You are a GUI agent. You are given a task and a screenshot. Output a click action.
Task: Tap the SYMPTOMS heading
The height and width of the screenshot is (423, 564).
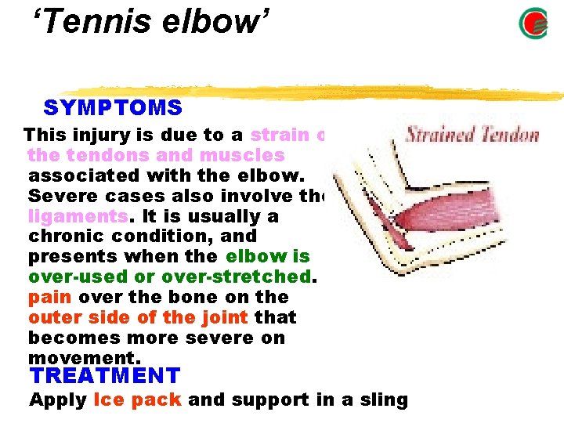tap(113, 108)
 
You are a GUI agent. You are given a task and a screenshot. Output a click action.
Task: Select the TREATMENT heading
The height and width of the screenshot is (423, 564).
tap(104, 376)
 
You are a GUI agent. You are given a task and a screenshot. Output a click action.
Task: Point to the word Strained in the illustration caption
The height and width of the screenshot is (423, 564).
tap(440, 134)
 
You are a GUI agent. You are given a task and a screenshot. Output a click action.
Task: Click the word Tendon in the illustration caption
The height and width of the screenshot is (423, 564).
tap(509, 134)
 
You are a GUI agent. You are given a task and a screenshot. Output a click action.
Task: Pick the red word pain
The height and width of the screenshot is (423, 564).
tap(49, 297)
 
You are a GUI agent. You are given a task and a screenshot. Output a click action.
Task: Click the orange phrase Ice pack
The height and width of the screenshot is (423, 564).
tap(137, 399)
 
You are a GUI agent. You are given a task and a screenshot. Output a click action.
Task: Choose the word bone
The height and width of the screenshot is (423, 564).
tap(179, 297)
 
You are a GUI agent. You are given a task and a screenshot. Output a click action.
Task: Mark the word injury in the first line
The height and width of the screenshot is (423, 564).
tap(98, 134)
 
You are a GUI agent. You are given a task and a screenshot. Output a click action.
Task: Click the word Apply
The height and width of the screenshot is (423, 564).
tap(57, 399)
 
